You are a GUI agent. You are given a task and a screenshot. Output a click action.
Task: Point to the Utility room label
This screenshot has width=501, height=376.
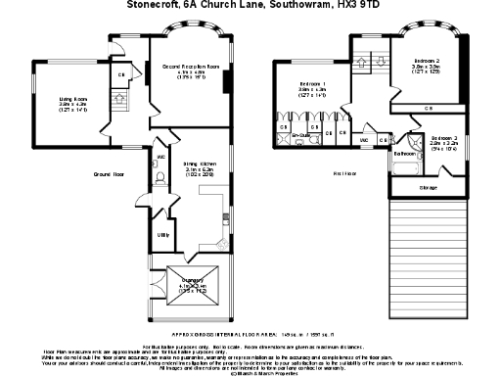pos(162,235)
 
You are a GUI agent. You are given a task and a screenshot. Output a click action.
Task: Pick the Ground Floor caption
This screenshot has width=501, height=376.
pos(109,173)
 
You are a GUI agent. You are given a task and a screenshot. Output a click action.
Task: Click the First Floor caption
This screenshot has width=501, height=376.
pos(342,173)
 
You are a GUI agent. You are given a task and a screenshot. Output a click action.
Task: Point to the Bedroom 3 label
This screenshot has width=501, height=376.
pos(446,139)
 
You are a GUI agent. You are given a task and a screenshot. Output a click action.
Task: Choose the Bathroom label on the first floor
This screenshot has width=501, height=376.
pos(405,154)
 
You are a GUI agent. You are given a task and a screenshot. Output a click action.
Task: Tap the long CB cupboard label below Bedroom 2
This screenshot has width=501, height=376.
pos(429,108)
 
